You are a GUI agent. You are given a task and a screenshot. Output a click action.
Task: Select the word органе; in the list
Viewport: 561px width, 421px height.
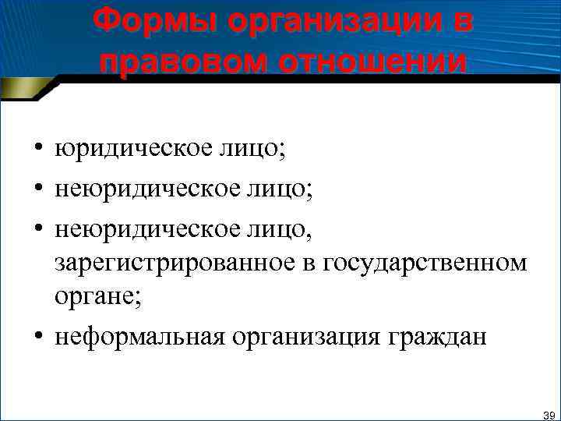click(98, 301)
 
